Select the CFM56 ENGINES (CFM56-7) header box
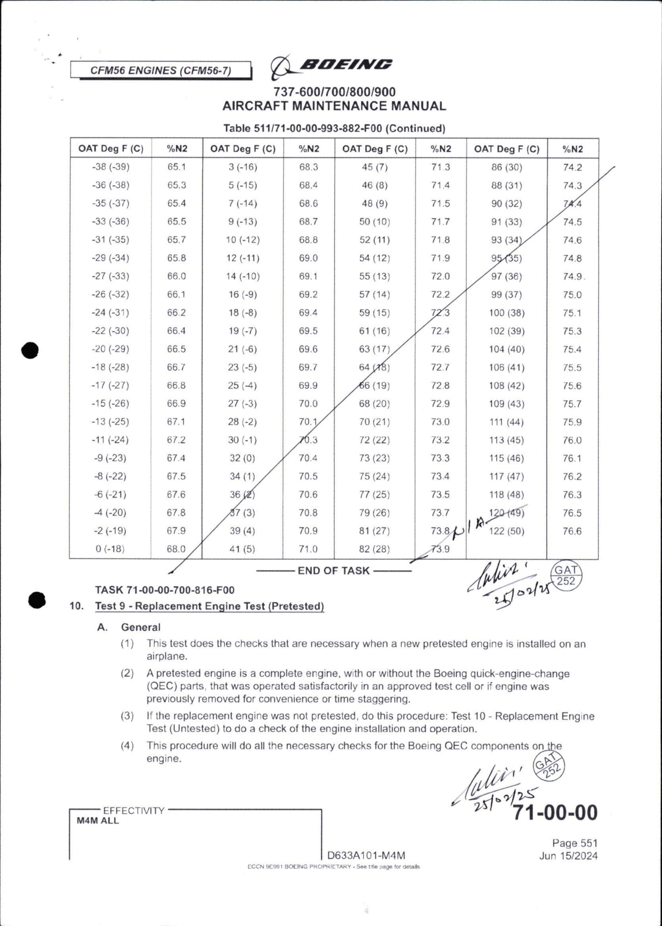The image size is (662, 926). point(160,70)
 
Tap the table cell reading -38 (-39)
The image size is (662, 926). point(110,167)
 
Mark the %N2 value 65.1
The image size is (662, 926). point(176,167)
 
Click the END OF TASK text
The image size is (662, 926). point(334,571)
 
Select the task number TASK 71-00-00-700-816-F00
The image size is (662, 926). point(165,590)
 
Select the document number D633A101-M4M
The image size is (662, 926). point(366,855)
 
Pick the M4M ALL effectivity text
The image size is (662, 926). point(98,821)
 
